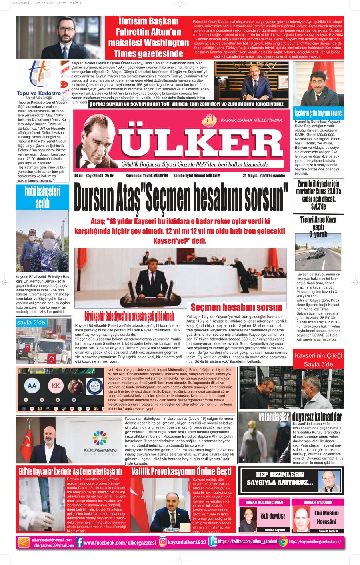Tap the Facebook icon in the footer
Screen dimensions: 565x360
tap(79, 543)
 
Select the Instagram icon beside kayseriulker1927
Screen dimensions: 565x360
tap(163, 542)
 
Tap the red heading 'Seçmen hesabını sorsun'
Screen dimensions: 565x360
tap(236, 307)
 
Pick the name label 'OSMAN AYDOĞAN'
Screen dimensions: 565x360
tap(318, 502)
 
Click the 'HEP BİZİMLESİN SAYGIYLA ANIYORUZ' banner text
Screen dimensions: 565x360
tap(279, 479)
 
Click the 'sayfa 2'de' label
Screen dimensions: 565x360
tap(31, 322)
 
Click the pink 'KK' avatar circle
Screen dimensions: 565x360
tap(56, 386)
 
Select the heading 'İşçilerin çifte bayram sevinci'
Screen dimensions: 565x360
tap(318, 113)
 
